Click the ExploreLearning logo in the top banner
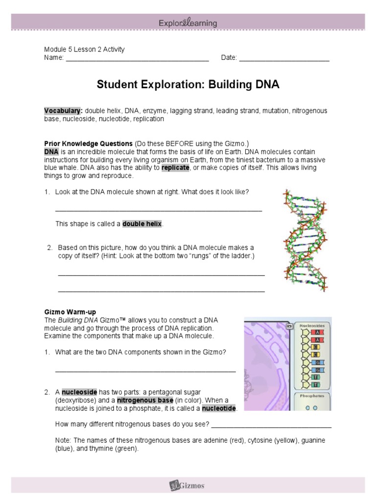tap(188, 23)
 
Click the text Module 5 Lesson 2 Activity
tap(84, 49)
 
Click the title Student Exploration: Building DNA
tap(188, 85)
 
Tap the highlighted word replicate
tap(175, 168)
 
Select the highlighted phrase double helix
tap(142, 224)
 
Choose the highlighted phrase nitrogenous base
tap(145, 401)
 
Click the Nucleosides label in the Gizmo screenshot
tap(312, 325)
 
